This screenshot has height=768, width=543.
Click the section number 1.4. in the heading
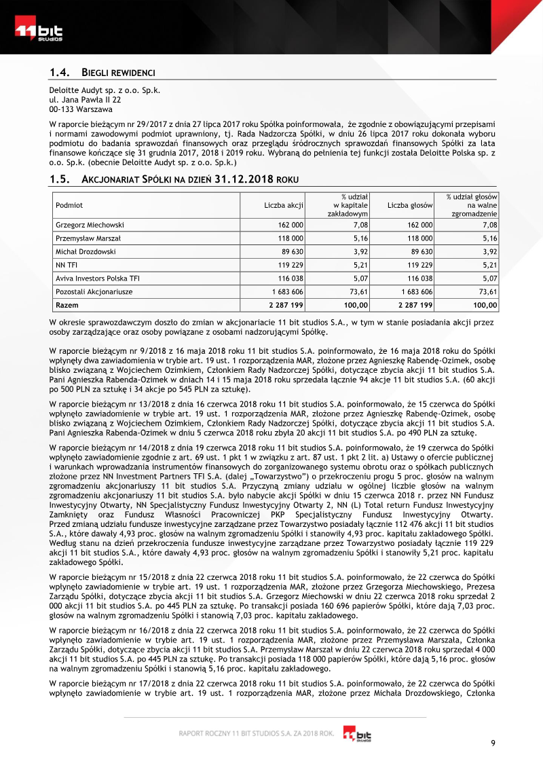tap(61, 72)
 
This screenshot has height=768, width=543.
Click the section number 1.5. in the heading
tap(61, 179)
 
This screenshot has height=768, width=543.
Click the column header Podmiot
tap(69, 204)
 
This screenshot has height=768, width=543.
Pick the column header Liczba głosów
tap(410, 204)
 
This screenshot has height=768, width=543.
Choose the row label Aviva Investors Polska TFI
tap(98, 278)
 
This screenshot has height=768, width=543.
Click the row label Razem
tap(67, 305)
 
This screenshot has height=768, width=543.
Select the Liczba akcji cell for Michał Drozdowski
tap(290, 251)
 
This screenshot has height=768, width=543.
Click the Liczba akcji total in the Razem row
tap(286, 305)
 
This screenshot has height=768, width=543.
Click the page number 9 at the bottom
tap(493, 742)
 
